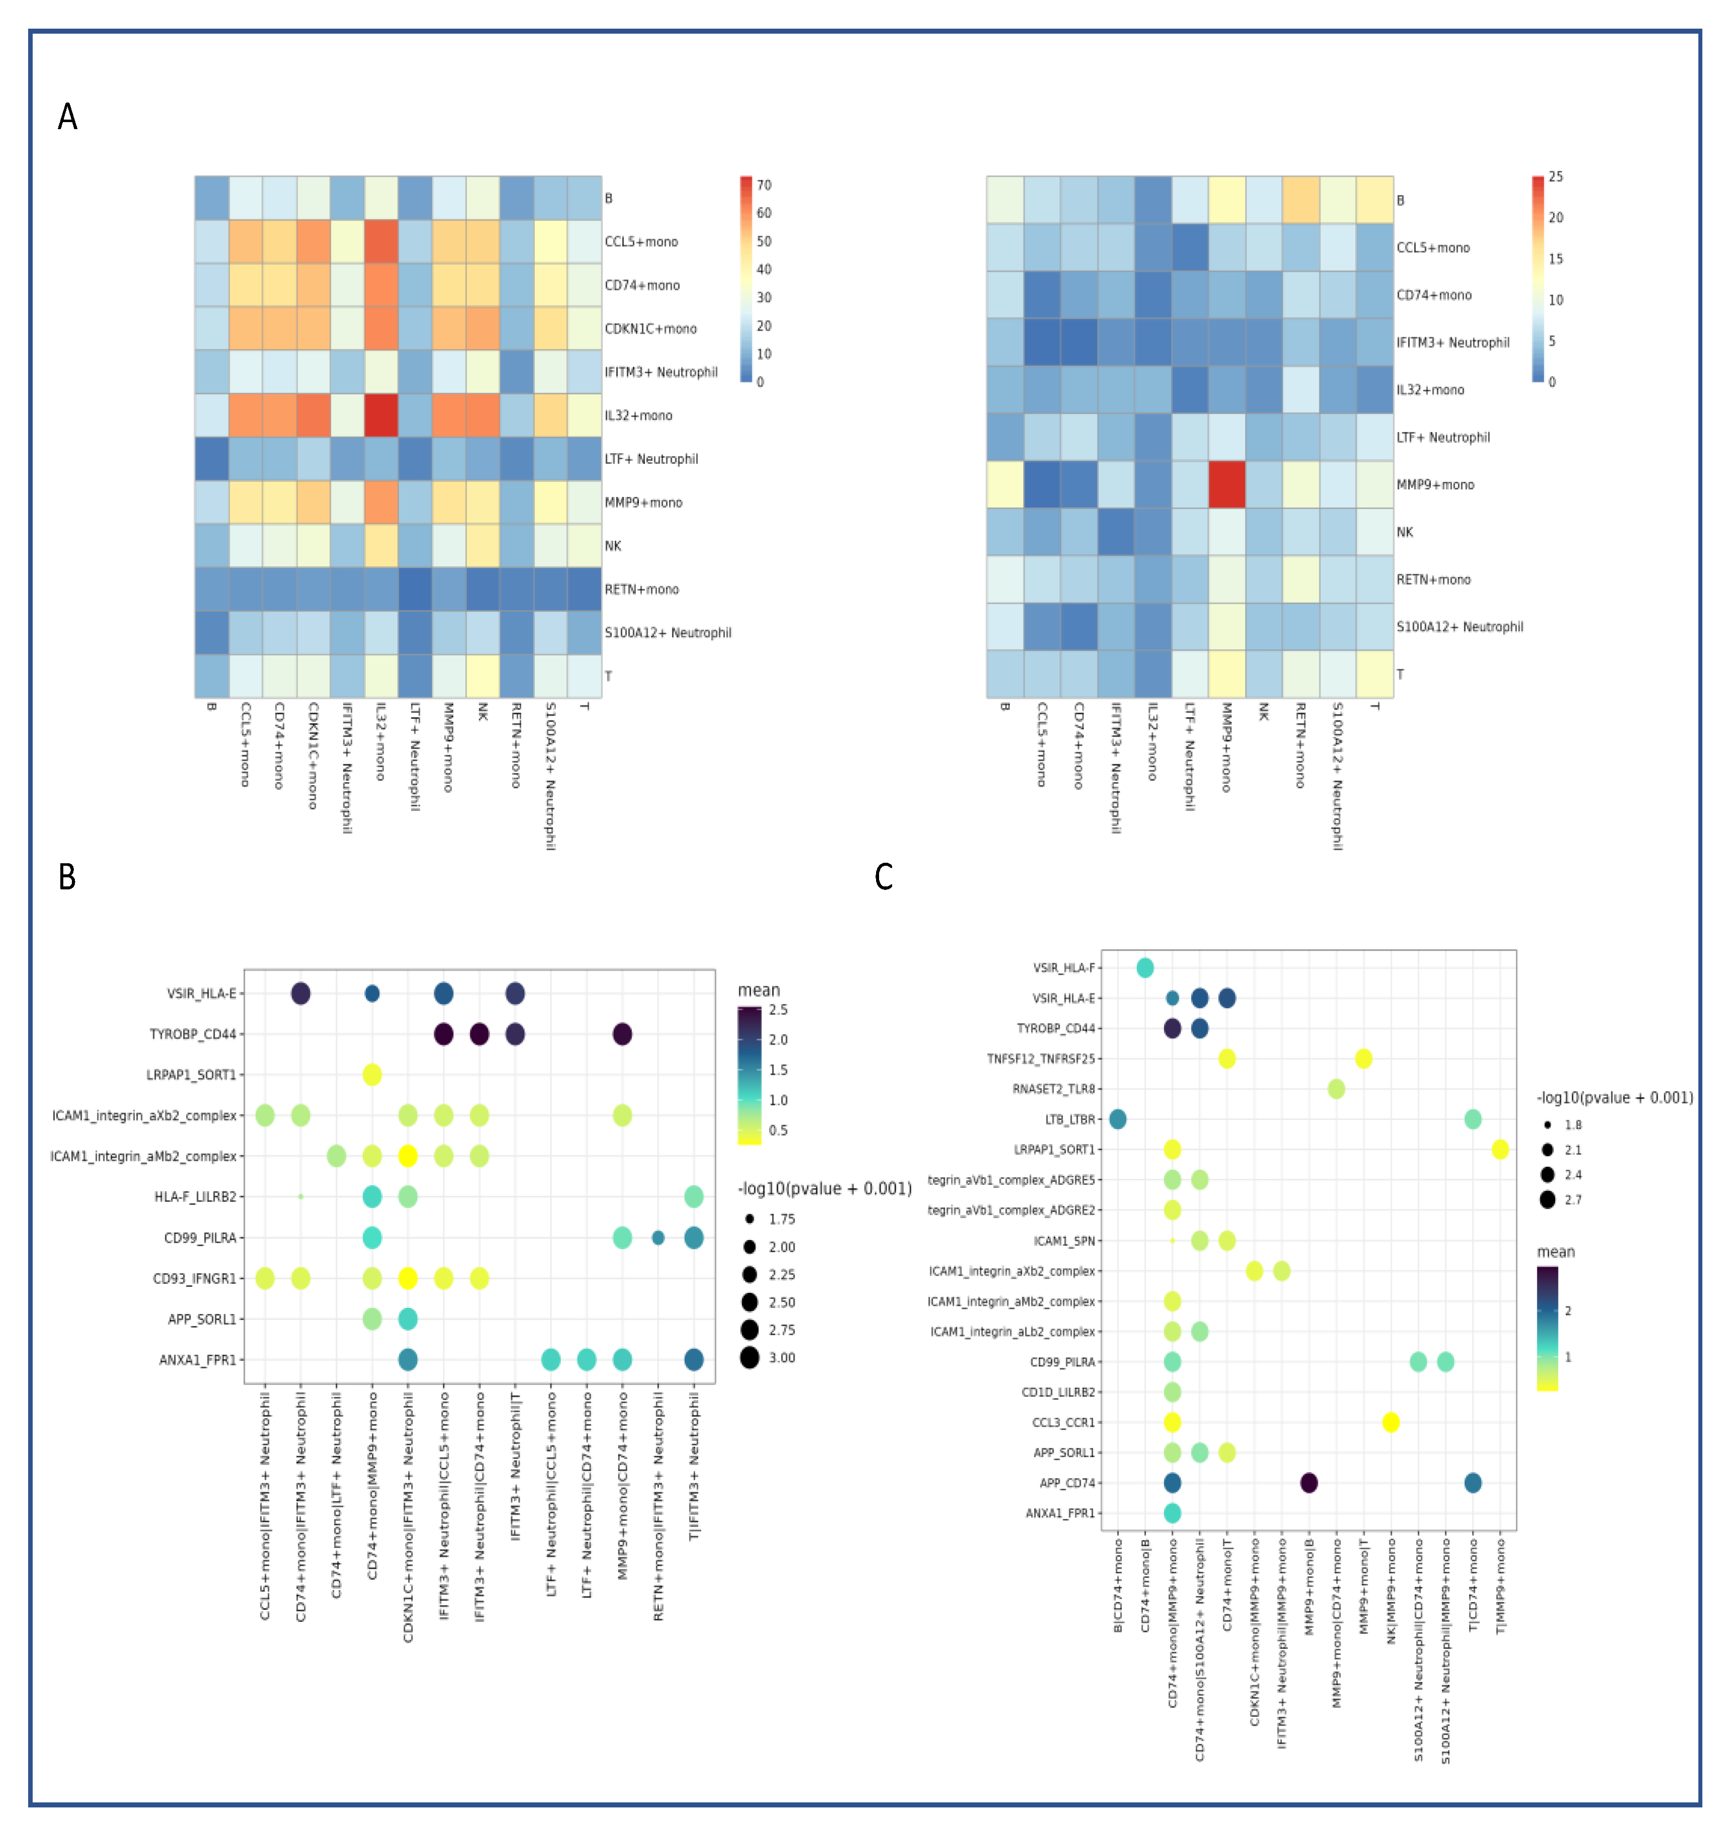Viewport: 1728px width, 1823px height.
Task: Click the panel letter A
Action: (67, 117)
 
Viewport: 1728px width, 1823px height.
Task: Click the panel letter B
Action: (67, 876)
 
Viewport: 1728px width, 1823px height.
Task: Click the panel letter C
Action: (883, 876)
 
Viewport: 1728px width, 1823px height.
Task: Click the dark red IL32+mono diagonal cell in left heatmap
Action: (381, 415)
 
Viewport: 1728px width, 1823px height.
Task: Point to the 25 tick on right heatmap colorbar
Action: (1555, 177)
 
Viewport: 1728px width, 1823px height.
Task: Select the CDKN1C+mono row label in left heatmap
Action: (650, 329)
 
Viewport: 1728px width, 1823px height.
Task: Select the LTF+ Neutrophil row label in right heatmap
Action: (1443, 437)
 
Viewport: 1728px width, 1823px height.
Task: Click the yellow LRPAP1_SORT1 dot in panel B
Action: (372, 1074)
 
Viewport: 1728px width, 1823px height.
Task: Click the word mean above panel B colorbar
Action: (758, 990)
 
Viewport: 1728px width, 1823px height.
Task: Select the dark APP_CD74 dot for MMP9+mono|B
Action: (1308, 1482)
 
